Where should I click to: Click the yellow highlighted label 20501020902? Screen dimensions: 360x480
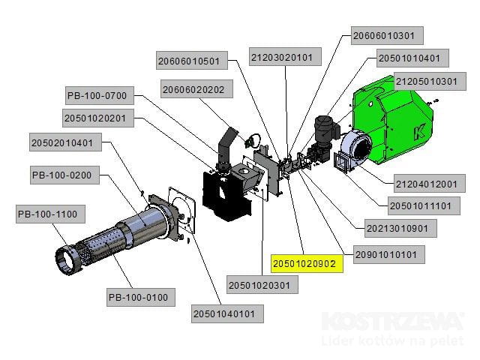point(306,264)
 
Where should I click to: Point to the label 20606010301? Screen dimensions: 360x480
point(388,35)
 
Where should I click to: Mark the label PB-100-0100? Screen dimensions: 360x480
point(137,298)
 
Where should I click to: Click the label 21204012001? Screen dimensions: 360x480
point(425,184)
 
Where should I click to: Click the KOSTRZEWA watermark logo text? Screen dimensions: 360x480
point(393,323)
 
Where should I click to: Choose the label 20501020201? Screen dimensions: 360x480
point(100,118)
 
